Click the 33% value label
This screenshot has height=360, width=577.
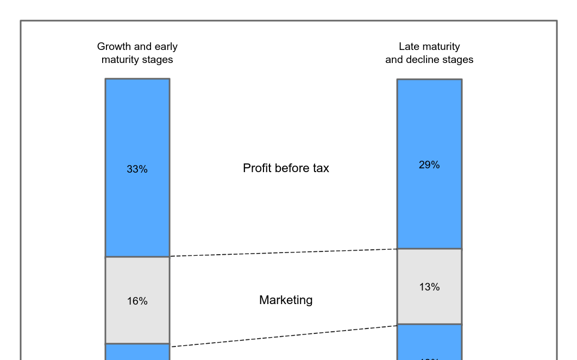tap(137, 169)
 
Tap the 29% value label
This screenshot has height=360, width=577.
tap(429, 165)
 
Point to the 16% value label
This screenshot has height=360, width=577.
tap(137, 301)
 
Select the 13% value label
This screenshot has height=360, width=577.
tap(429, 287)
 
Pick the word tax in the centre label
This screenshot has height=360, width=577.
tap(321, 168)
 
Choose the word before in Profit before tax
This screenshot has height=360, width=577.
tap(292, 168)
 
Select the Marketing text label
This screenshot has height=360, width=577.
tap(286, 300)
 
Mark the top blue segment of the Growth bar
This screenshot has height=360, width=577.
tap(137, 125)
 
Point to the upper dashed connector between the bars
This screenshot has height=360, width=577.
tap(283, 252)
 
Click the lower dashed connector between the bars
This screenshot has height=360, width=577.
tap(283, 336)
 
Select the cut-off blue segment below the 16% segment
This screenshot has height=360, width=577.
tap(137, 352)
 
